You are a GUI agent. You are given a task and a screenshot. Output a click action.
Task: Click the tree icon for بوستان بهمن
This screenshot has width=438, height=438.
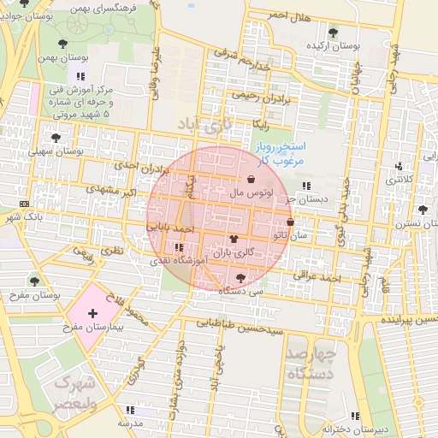click(x=62, y=43)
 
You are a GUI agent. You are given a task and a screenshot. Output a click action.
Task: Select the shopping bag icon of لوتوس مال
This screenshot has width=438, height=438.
click(x=251, y=180)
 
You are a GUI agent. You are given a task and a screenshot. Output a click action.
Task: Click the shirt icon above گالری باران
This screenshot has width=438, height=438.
click(x=234, y=240)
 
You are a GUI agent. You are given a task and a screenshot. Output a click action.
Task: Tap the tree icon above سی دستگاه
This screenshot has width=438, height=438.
click(x=240, y=277)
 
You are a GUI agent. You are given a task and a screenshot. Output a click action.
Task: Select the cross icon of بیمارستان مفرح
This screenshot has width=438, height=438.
click(x=92, y=316)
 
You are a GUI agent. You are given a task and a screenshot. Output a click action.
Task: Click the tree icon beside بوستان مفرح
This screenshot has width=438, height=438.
click(x=34, y=281)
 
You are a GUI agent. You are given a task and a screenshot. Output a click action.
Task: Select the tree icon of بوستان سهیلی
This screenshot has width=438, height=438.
click(x=56, y=137)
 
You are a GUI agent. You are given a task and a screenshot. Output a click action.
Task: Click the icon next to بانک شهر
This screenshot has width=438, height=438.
click(x=24, y=204)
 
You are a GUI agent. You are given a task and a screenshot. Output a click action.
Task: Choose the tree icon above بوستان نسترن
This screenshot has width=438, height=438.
click(x=422, y=210)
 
